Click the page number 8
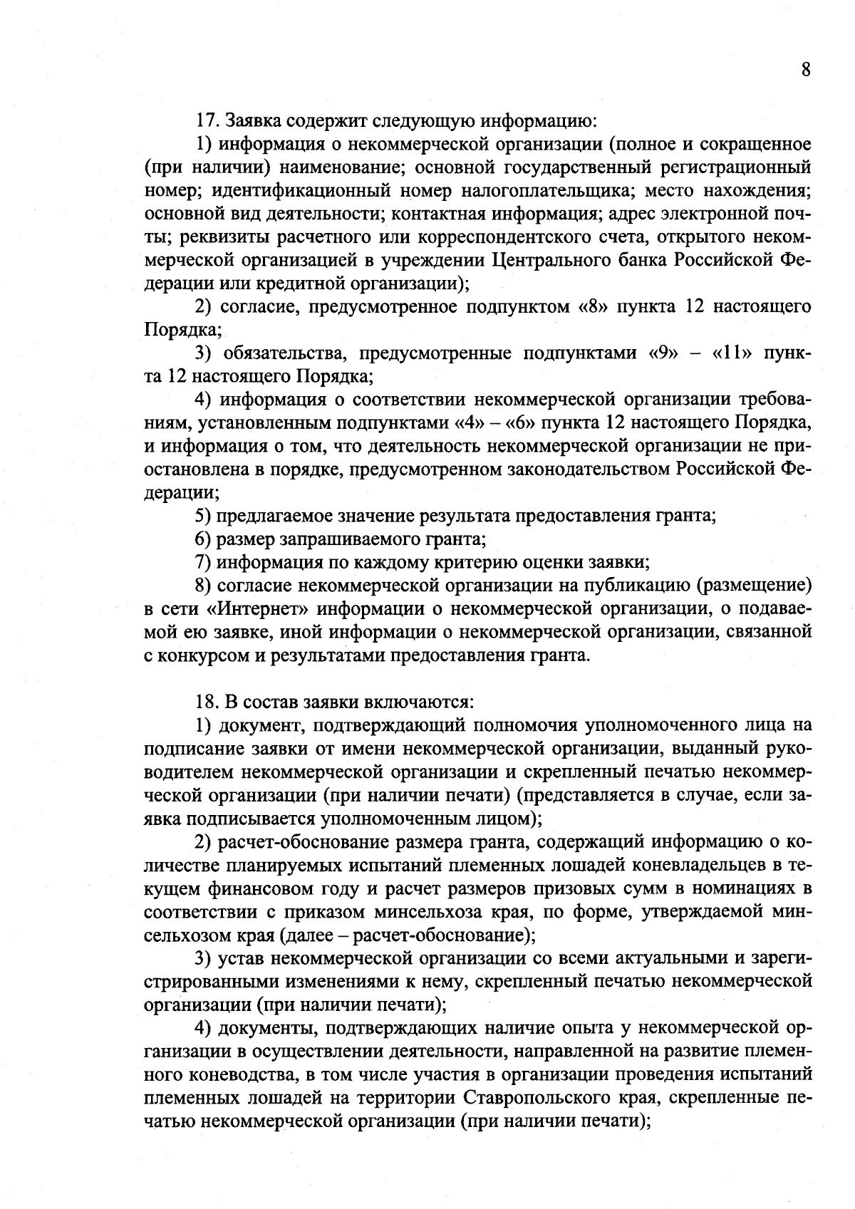pyautogui.click(x=805, y=70)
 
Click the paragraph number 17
pyautogui.click(x=207, y=121)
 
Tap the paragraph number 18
pyautogui.click(x=207, y=703)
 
